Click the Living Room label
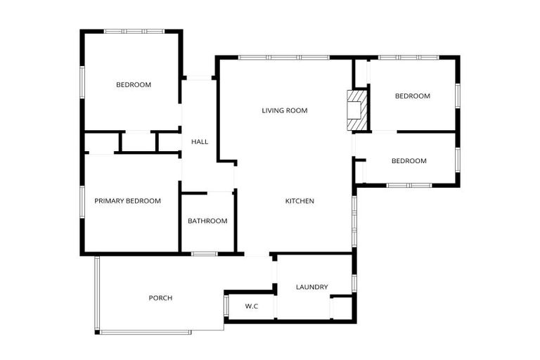point(285,110)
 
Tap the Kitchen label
point(300,201)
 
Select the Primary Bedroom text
point(128,201)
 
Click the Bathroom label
point(207,221)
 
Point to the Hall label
point(200,142)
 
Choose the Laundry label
point(312,287)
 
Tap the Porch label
point(160,298)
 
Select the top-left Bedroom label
point(134,85)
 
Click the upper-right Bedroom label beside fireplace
point(412,96)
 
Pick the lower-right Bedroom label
point(409,161)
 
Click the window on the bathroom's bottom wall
point(204,253)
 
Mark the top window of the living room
point(284,58)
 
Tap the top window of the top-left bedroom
point(134,32)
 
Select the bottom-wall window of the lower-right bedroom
point(409,185)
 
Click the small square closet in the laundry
point(341,307)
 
